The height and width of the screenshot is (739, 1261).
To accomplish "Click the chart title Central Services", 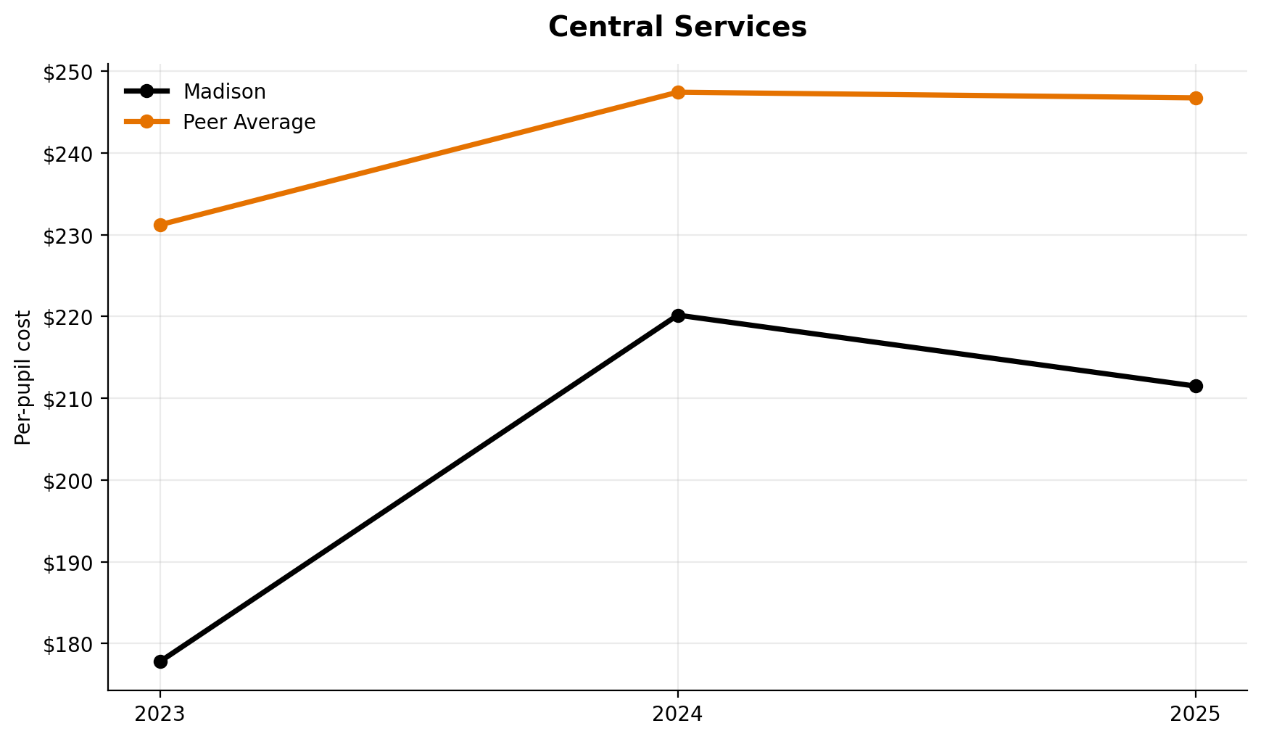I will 677,28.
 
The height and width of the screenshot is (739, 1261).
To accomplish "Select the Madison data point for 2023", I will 160,661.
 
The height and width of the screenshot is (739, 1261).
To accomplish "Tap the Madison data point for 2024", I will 678,315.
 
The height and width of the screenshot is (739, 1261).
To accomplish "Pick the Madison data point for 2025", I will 1196,386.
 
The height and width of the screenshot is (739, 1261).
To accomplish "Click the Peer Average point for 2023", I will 160,225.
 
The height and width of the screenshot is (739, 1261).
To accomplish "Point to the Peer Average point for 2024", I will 678,92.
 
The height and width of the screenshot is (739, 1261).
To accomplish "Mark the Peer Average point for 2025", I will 1196,98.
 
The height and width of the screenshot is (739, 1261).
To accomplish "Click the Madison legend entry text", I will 224,92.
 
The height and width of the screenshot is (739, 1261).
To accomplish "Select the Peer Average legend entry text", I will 249,123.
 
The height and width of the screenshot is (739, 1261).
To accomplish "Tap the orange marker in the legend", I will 146,122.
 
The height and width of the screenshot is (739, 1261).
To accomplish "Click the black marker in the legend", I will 146,91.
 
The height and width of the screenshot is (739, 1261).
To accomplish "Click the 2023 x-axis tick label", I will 160,714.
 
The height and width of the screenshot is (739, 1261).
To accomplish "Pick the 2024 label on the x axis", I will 678,714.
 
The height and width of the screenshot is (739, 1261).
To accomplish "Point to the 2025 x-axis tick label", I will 1196,714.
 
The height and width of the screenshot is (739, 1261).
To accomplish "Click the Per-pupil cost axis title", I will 24,377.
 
